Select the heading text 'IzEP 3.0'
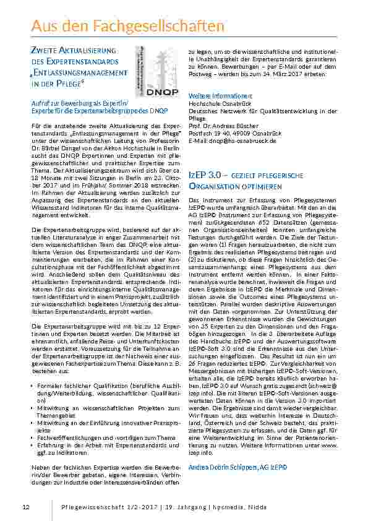tap(205, 176)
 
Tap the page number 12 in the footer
tap(25, 507)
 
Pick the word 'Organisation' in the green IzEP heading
tap(212, 186)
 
